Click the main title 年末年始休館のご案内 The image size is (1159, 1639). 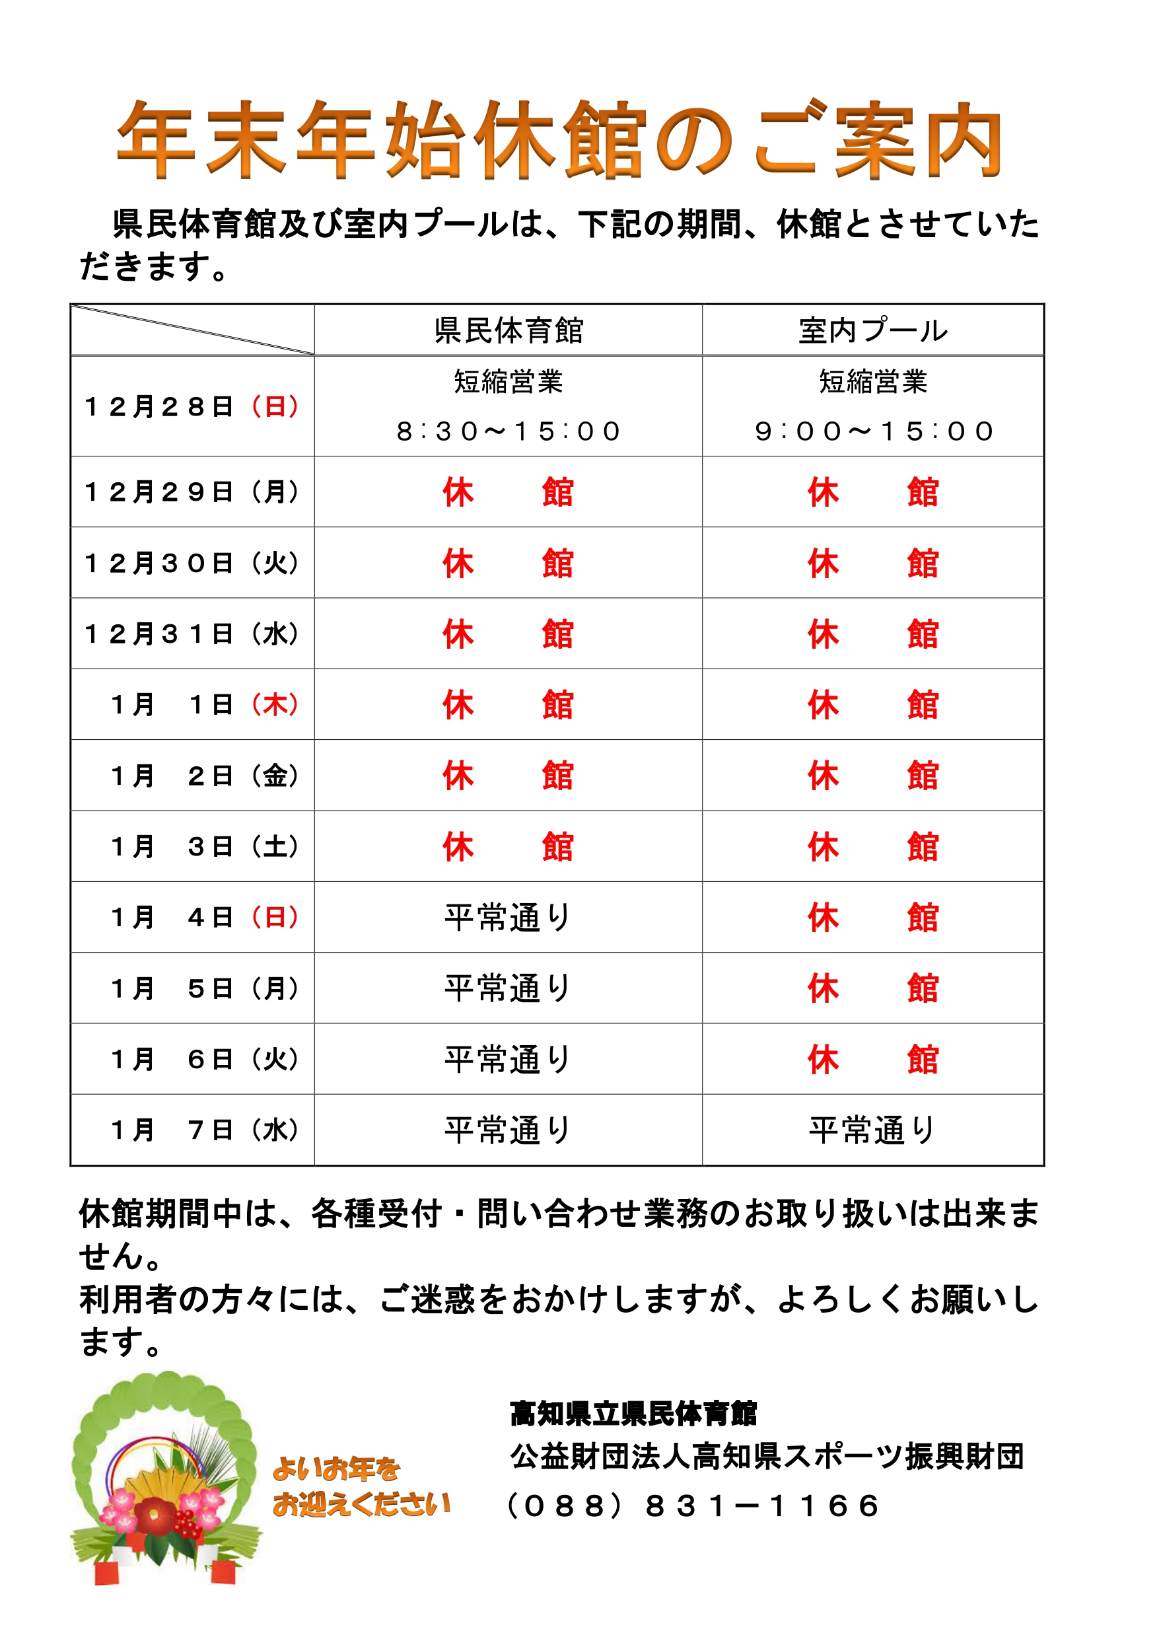coord(560,140)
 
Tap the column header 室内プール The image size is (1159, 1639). coord(873,330)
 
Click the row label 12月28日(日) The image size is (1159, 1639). coord(192,406)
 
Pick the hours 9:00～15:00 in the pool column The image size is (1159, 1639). coord(874,431)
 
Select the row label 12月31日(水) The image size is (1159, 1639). coord(192,633)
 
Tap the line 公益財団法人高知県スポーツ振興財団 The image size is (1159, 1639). coord(767,1457)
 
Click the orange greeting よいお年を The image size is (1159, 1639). coord(336,1469)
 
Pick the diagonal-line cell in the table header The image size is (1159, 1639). coord(192,330)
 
